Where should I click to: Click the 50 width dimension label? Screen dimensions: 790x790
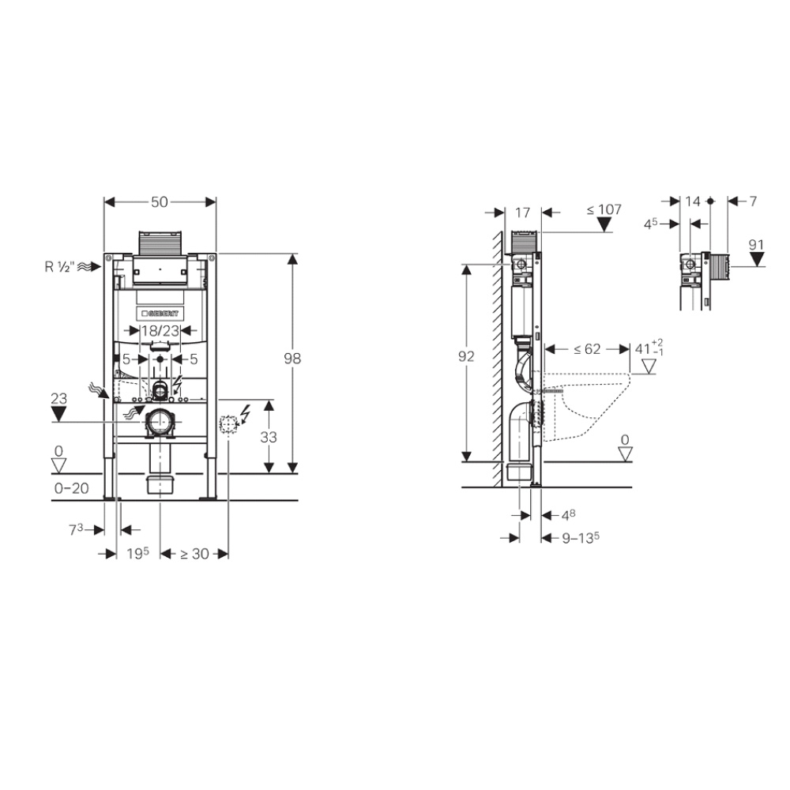160,202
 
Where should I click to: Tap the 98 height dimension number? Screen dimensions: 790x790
292,358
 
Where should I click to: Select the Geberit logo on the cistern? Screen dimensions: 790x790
160,314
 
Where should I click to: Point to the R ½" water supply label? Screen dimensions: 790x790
60,266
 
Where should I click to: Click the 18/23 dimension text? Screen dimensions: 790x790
160,330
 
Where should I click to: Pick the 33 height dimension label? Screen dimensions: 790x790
269,437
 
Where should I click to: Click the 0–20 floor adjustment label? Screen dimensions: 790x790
72,488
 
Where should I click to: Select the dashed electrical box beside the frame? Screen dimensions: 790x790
228,425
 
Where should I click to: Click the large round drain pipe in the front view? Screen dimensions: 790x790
160,422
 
